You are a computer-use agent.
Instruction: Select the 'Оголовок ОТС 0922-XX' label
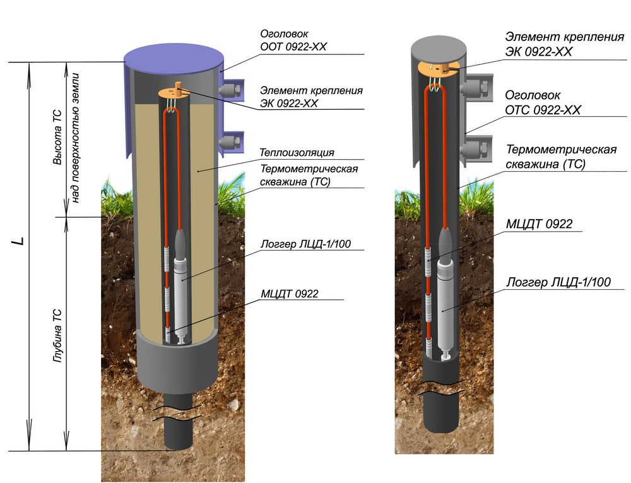(543, 103)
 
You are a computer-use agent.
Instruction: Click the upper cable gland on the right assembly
(477, 88)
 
